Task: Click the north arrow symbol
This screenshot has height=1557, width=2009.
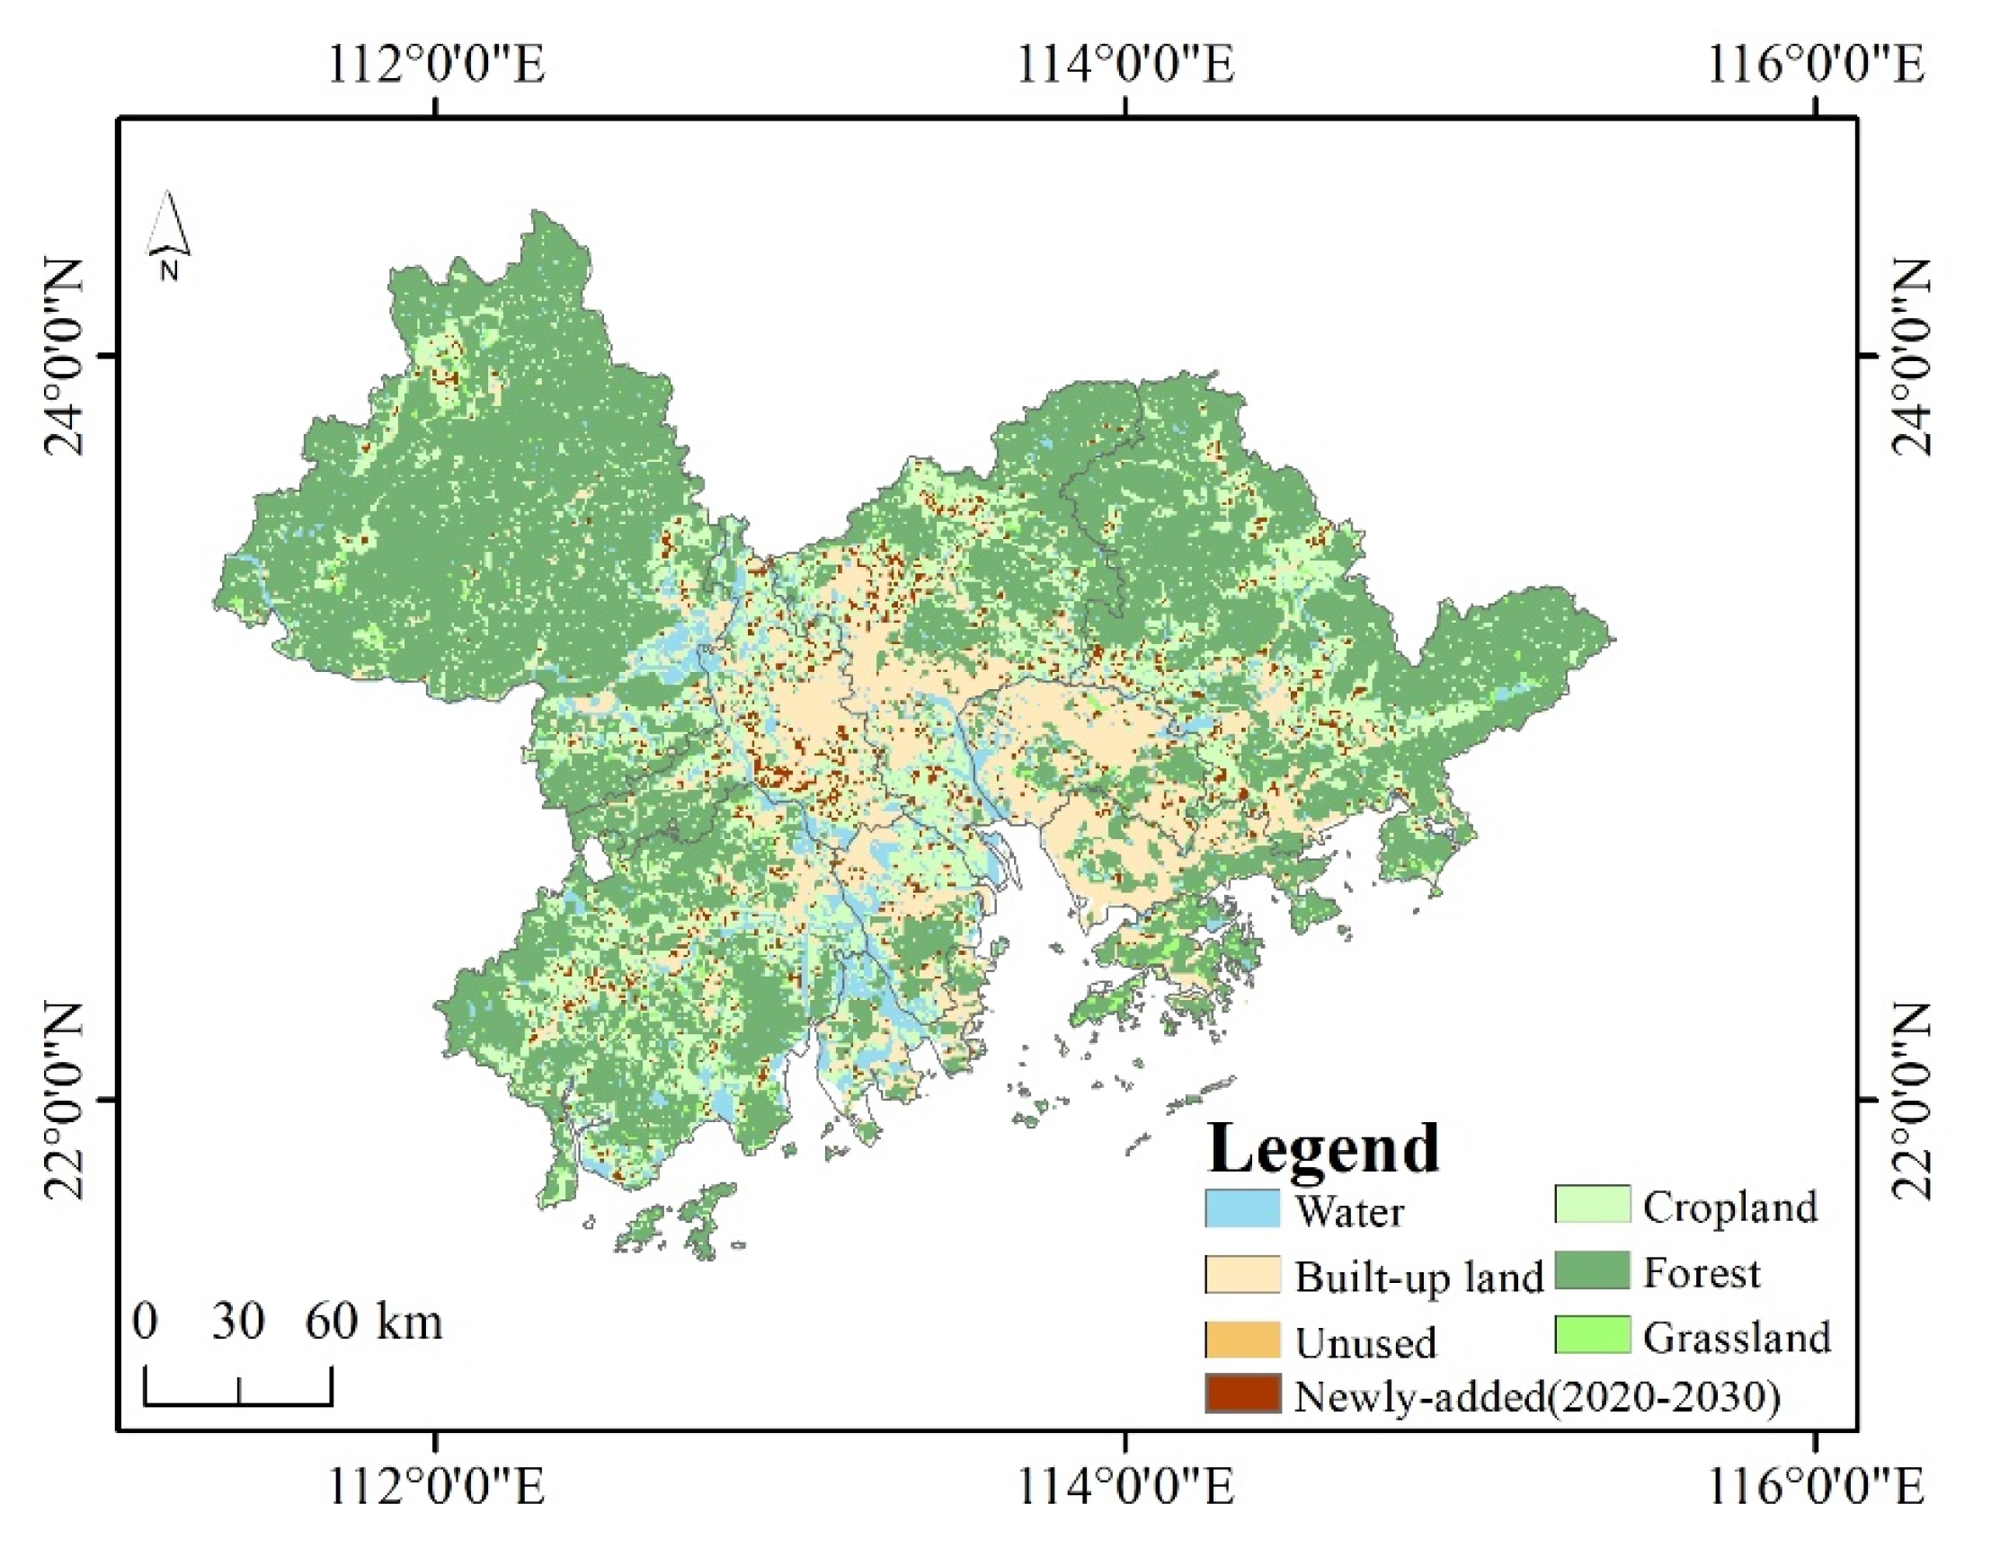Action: coord(168,234)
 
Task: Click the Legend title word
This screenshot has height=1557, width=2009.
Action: coord(1323,1149)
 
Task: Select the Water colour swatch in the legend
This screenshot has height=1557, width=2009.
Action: coord(1242,1208)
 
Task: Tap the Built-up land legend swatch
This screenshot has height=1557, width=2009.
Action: coord(1242,1275)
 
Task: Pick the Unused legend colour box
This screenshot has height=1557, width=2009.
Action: coord(1242,1340)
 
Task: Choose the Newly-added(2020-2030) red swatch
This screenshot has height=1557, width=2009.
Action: coord(1242,1394)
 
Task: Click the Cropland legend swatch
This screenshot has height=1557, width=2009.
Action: coord(1592,1204)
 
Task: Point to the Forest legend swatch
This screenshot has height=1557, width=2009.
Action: coord(1592,1270)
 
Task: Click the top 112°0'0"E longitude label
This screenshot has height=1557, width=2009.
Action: coord(436,66)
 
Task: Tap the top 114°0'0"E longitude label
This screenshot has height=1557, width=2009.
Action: coord(1125,66)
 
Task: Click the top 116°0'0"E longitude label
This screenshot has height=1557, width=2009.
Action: coord(1815,66)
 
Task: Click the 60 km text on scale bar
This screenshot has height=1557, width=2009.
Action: coord(373,1322)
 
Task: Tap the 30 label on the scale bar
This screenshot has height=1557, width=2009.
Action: coord(238,1322)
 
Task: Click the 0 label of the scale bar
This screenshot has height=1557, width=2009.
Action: coord(145,1322)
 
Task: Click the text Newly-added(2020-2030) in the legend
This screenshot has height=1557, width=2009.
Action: coord(1537,1397)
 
